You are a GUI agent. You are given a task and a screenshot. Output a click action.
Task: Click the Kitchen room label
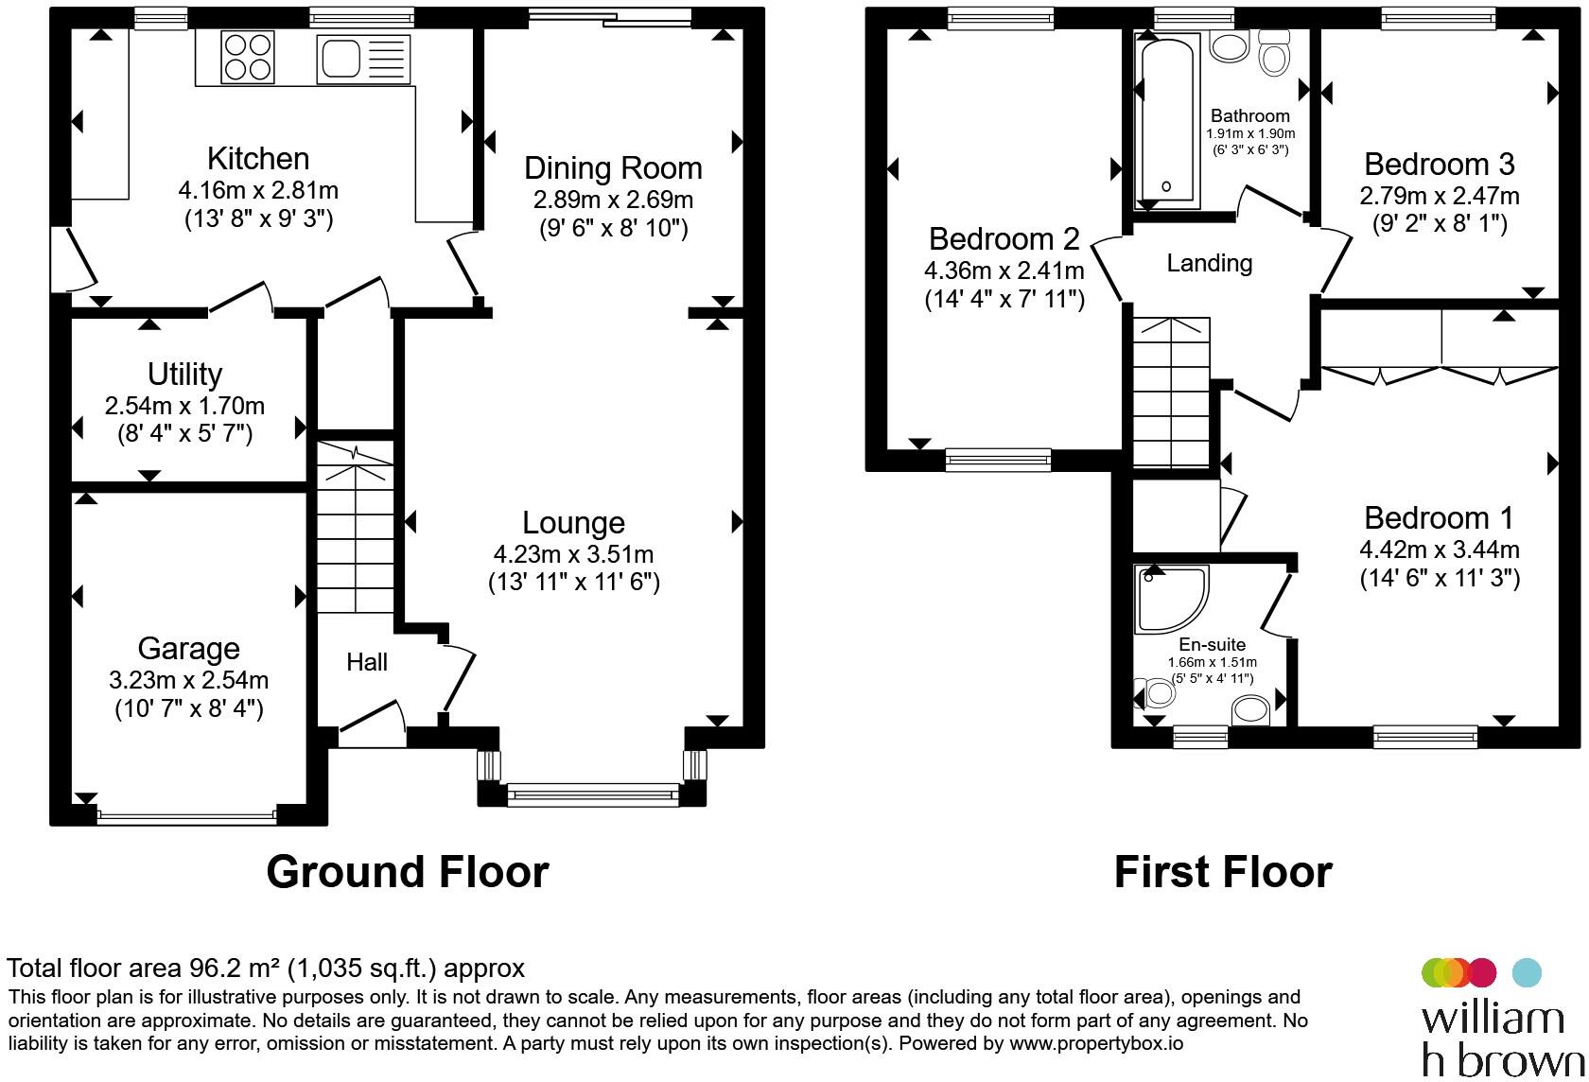[258, 158]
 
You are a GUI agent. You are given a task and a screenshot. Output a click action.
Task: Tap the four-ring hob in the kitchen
[248, 58]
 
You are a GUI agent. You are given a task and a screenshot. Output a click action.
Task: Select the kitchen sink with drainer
[364, 59]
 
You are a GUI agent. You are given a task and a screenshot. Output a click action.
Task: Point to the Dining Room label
[613, 168]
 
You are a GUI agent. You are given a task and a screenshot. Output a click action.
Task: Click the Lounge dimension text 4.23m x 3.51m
[574, 554]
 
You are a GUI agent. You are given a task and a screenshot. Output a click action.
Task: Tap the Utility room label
[185, 374]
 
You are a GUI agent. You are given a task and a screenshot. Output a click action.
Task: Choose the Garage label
[189, 649]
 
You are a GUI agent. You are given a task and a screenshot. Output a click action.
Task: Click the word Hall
[367, 662]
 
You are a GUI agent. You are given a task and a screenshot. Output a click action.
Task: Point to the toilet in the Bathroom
[1274, 53]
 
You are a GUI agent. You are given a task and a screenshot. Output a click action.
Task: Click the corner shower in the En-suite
[1171, 599]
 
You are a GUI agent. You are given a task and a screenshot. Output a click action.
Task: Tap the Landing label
[1210, 263]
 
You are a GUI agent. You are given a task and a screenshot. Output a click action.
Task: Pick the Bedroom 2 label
[1004, 239]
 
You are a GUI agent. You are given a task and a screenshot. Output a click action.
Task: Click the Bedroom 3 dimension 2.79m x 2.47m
[1440, 196]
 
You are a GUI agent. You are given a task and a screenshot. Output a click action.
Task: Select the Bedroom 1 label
[1440, 518]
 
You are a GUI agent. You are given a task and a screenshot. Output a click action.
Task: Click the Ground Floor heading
[407, 872]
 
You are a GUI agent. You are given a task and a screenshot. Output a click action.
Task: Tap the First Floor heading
[1223, 872]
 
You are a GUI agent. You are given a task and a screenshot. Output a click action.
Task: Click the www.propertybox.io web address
[1096, 1043]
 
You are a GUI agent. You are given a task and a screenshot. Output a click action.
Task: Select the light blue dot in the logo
[1527, 972]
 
